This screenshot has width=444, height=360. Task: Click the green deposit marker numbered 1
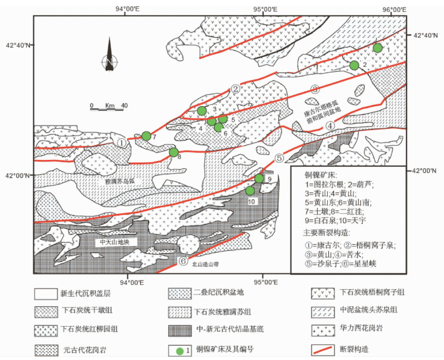(x=377, y=47)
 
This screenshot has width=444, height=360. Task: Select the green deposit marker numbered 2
(x=354, y=65)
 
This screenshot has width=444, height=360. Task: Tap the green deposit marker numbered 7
(x=146, y=136)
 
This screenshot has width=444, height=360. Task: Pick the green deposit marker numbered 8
(x=174, y=152)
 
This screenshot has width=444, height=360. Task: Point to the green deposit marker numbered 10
(x=250, y=190)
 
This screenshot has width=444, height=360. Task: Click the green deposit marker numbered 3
(x=201, y=111)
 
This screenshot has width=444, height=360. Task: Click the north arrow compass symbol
(x=109, y=56)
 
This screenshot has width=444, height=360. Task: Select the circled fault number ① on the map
(x=122, y=142)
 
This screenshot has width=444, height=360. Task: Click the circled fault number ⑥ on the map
(x=183, y=261)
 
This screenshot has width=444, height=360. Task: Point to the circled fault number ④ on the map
(x=331, y=126)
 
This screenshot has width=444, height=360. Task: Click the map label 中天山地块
(x=113, y=241)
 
